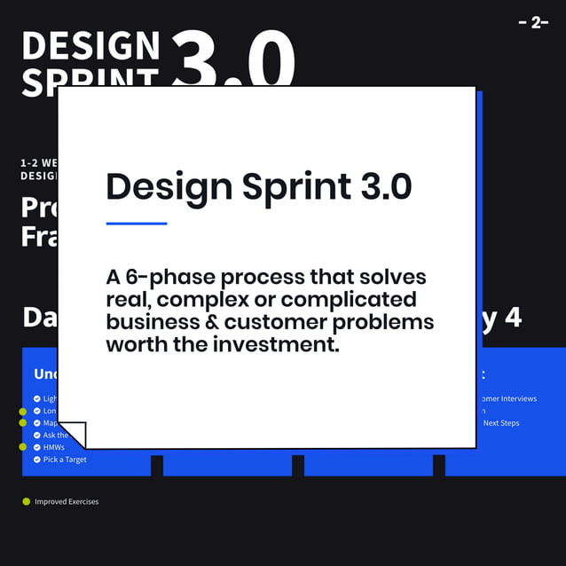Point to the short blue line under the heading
point(137,224)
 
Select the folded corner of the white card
point(73,435)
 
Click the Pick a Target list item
point(65,460)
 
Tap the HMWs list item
point(54,447)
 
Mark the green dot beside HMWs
point(23,447)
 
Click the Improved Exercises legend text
point(67,502)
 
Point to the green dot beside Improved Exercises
point(26,502)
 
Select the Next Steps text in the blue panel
point(501,423)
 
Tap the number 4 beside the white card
point(512,318)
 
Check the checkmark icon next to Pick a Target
point(36,460)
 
